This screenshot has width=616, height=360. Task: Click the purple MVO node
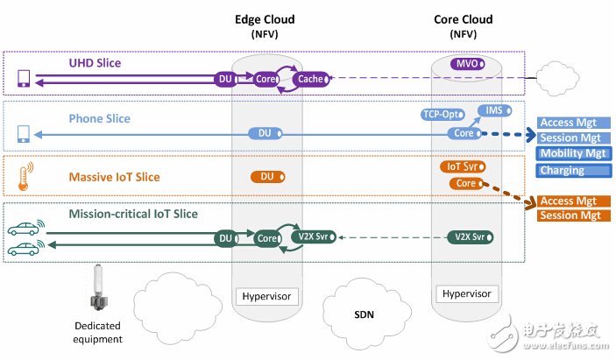[x=464, y=63]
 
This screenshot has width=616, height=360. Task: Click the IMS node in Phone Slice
[x=492, y=109]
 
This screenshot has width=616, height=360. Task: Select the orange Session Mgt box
[x=569, y=216]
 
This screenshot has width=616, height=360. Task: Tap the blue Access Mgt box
[x=569, y=123]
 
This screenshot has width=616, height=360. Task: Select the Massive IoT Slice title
[x=116, y=178]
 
